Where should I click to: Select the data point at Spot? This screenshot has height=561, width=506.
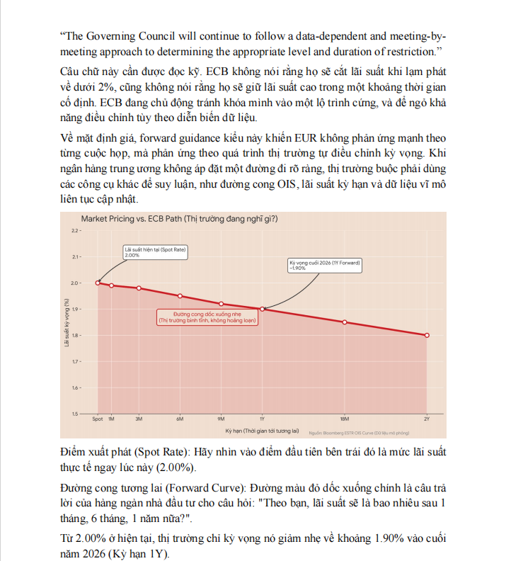[98, 283]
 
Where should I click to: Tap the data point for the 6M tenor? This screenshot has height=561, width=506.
[180, 295]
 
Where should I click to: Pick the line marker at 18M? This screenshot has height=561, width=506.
[345, 322]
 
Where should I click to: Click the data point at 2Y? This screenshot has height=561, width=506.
[427, 335]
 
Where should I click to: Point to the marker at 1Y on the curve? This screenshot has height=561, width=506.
[262, 309]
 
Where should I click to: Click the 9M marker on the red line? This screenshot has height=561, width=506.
[221, 303]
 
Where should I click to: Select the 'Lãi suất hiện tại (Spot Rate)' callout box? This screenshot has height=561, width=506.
[150, 252]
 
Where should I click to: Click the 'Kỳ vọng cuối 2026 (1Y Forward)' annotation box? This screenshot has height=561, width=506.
[325, 266]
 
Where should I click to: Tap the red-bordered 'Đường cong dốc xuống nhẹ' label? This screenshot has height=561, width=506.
[207, 318]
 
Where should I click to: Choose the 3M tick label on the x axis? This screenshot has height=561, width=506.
[139, 419]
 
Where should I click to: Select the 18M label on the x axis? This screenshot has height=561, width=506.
[345, 419]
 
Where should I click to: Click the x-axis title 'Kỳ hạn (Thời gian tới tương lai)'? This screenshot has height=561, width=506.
[263, 431]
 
